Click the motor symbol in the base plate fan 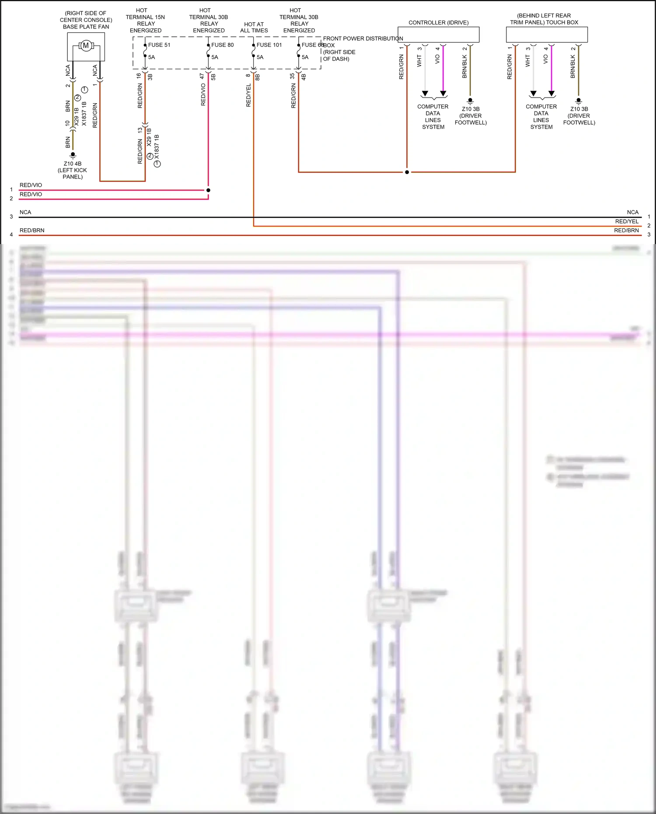[86, 45]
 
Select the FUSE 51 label [159, 45]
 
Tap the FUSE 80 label [222, 45]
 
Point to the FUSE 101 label [269, 45]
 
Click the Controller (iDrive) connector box [438, 35]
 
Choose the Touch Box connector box [547, 35]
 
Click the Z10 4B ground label [73, 164]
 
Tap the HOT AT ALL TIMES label [254, 28]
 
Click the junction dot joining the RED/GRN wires [407, 172]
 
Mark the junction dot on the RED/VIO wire [208, 190]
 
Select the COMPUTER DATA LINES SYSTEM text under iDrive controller [433, 117]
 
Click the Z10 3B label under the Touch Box [579, 109]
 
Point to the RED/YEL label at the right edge [627, 222]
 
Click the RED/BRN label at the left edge [32, 231]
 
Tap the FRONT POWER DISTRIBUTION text [363, 39]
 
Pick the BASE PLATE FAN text [86, 27]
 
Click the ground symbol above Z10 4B [73, 154]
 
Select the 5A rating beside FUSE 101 [260, 57]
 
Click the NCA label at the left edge [25, 213]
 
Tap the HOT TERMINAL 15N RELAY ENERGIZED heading [145, 21]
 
